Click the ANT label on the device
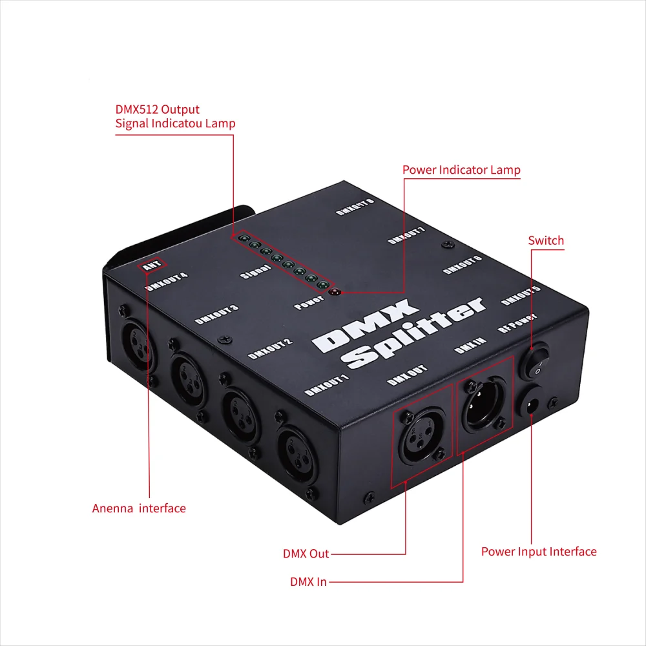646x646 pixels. (153, 264)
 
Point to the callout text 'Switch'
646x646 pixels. (546, 241)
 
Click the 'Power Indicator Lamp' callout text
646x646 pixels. (461, 170)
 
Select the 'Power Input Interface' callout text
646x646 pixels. (539, 552)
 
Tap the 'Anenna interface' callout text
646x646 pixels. (139, 508)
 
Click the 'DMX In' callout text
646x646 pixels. (308, 581)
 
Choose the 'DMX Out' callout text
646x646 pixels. (306, 554)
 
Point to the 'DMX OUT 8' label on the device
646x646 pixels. (355, 205)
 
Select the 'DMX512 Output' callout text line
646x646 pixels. (158, 109)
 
